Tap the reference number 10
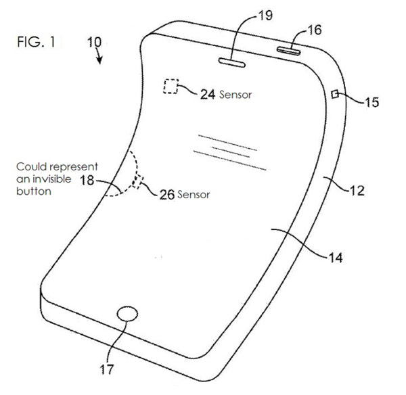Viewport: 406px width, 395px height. [94, 43]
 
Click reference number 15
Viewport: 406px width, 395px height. [370, 103]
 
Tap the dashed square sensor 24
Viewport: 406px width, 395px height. [170, 87]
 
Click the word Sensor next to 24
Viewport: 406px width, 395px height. [235, 95]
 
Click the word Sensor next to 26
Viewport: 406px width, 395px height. [194, 195]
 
